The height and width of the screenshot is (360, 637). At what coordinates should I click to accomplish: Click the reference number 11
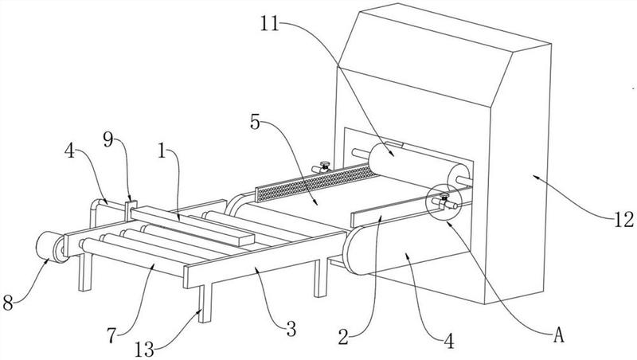pos(270,24)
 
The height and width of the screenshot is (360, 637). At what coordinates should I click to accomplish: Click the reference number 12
pos(623,219)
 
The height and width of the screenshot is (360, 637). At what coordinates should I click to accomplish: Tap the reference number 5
pos(255,122)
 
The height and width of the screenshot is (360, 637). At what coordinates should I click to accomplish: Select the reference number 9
pos(107,139)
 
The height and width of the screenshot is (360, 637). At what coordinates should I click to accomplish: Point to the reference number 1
pos(162,151)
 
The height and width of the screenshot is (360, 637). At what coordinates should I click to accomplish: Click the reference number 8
pos(8,303)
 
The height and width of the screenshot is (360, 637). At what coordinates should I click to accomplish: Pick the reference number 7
pos(111,335)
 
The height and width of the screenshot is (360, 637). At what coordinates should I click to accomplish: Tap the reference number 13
pos(144,349)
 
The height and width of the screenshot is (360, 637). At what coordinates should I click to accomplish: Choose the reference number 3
pos(291,329)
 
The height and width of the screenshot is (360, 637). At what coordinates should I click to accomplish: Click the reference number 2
pos(343,337)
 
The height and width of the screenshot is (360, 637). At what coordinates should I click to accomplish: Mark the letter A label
pos(559,335)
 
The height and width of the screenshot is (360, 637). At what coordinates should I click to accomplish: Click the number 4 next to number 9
pos(69,151)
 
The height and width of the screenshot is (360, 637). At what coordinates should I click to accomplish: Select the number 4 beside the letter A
pos(448,342)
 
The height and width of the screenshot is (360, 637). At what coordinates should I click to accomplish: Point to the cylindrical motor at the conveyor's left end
pos(50,246)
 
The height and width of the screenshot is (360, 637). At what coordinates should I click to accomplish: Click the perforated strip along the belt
pos(317,184)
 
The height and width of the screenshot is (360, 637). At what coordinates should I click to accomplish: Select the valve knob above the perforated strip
pos(324,164)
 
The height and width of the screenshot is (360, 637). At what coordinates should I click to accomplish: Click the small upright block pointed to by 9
pos(131,210)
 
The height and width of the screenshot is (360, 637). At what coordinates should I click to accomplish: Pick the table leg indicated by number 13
pos(205,303)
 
